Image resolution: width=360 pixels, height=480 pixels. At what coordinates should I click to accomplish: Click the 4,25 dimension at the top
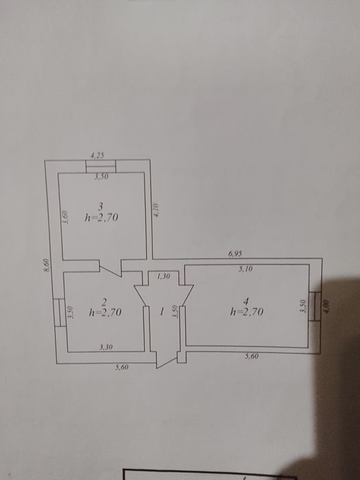[97, 156]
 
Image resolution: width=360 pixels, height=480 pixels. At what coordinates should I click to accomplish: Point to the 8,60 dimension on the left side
[46, 265]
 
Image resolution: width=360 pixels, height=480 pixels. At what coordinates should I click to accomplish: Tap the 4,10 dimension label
[156, 210]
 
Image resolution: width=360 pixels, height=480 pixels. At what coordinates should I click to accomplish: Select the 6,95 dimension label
[235, 254]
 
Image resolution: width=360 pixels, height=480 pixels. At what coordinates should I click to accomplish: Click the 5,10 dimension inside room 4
[246, 269]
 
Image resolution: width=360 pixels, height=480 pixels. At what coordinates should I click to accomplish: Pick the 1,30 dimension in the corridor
[163, 276]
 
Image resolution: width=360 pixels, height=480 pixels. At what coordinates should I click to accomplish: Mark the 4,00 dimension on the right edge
[326, 306]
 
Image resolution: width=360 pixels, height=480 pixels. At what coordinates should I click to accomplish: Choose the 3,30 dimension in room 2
[106, 347]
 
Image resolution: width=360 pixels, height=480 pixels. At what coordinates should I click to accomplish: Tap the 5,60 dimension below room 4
[252, 357]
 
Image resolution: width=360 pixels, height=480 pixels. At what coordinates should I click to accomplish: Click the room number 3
[100, 206]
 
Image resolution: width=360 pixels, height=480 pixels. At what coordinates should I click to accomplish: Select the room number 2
[104, 303]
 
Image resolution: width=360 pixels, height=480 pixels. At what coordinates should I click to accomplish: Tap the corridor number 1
[162, 312]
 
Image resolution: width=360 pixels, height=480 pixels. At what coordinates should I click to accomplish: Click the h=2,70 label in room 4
[247, 312]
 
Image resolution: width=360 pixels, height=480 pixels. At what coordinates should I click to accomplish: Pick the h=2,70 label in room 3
[101, 218]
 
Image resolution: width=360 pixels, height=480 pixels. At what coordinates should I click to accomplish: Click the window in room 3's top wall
[101, 166]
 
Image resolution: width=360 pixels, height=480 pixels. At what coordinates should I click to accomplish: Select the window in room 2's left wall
[60, 313]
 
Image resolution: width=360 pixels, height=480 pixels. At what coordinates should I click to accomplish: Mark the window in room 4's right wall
[315, 306]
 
